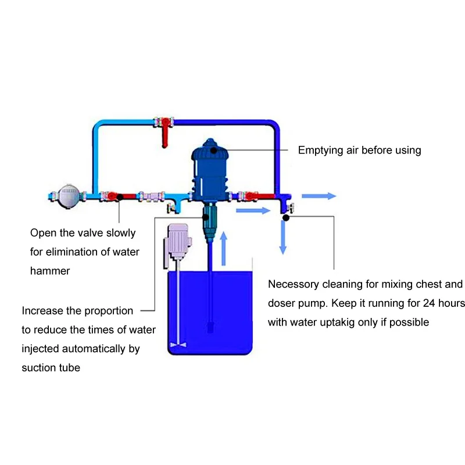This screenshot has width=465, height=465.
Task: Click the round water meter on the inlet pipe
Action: coord(69,195)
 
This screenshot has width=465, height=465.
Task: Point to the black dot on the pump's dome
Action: coord(213,149)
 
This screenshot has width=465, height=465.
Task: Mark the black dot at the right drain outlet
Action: coord(286,217)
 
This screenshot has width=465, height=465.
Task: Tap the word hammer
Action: coord(50,271)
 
